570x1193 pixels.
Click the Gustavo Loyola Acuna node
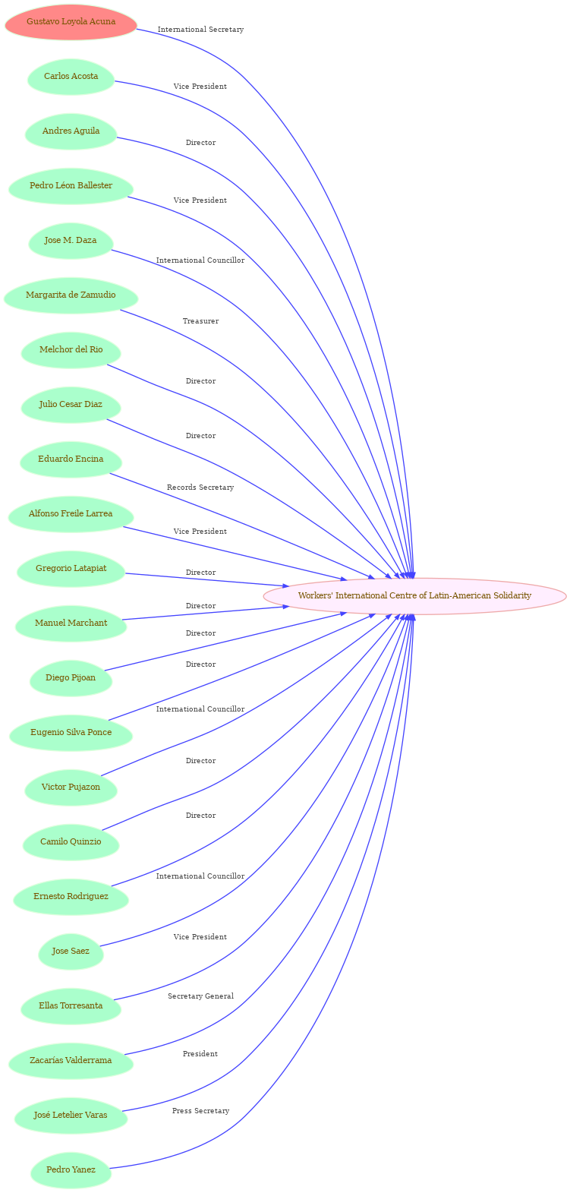[x=71, y=22]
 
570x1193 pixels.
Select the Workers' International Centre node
[x=414, y=595]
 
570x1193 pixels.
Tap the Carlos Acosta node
[x=71, y=77]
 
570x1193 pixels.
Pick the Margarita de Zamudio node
[x=71, y=295]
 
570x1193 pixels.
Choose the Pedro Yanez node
[x=71, y=1170]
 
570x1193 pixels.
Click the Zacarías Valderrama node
[x=71, y=1061]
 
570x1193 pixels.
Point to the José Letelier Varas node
[x=71, y=1116]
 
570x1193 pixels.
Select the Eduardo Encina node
[x=71, y=459]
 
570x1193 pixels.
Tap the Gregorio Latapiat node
[x=71, y=569]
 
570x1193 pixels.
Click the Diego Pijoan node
[x=71, y=678]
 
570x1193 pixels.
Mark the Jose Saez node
[x=71, y=952]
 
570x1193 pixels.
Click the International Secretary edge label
[x=200, y=30]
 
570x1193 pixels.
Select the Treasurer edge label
[x=200, y=322]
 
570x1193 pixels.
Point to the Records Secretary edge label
[x=200, y=488]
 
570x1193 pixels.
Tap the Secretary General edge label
[x=200, y=996]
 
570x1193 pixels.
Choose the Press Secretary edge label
[x=200, y=1111]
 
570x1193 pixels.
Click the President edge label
[x=200, y=1054]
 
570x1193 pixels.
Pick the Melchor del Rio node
[x=71, y=350]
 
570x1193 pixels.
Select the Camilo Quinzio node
[x=71, y=842]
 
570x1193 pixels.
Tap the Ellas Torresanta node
[x=71, y=1006]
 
